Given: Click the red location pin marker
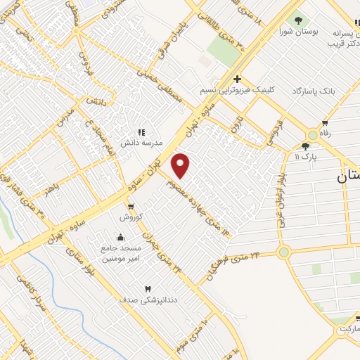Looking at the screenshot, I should point(181,165).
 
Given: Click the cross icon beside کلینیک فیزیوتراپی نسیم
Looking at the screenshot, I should point(238,79).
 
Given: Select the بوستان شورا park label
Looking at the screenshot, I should point(295,32).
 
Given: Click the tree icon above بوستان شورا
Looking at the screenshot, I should point(299,20).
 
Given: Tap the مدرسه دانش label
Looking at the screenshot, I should point(141,143).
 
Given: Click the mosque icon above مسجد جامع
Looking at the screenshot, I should point(122,237).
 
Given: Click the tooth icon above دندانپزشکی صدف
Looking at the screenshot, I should point(148,289).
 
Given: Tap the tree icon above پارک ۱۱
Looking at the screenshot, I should point(304,146).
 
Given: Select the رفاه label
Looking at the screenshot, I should point(325,133).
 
